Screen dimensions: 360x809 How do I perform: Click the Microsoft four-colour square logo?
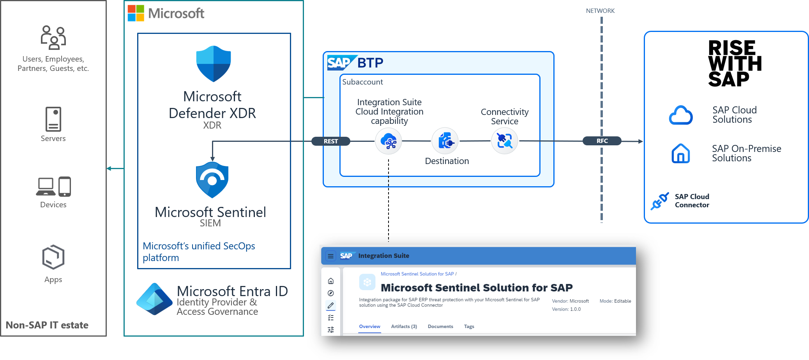(136, 13)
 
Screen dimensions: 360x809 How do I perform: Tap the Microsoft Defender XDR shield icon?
(213, 64)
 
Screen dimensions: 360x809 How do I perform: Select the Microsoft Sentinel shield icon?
(212, 180)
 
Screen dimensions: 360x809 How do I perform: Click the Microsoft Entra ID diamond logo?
(154, 299)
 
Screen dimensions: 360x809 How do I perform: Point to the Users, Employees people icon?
(53, 37)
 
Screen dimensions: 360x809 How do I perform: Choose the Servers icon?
(53, 119)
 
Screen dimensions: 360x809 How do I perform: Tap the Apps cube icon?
(53, 257)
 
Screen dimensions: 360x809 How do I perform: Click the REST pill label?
(331, 141)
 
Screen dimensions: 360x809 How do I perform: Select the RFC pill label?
(602, 141)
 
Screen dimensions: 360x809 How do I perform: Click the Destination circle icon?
(445, 141)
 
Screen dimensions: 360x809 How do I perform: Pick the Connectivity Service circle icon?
(505, 141)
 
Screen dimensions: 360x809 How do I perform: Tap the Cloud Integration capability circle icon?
(389, 141)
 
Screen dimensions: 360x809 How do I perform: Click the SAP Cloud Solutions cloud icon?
(681, 115)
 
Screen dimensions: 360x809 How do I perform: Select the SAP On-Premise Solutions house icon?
(681, 153)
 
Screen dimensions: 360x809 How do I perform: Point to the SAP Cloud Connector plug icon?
(660, 201)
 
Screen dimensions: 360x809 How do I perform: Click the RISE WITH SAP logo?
(734, 63)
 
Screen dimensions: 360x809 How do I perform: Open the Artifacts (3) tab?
(404, 326)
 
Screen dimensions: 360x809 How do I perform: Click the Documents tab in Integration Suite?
(440, 326)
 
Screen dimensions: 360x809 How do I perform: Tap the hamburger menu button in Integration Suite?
(330, 256)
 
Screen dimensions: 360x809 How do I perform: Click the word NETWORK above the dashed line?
(600, 11)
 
